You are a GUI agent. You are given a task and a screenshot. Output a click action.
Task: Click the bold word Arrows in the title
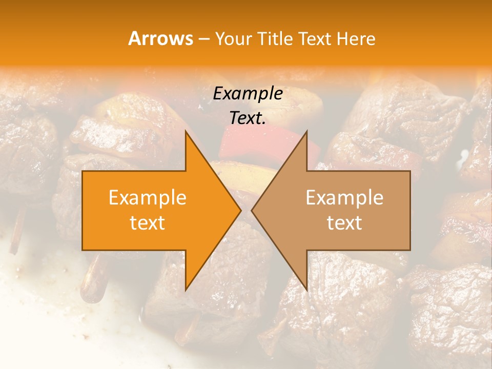point(160,38)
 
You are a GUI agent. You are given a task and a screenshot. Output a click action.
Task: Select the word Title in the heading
point(275,39)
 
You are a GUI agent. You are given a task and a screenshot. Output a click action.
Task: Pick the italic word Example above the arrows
point(248,93)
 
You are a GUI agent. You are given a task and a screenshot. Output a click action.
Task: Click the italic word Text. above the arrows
point(248,118)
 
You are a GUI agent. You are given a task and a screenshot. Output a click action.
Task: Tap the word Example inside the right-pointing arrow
point(148,198)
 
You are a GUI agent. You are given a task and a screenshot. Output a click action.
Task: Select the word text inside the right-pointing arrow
point(148,223)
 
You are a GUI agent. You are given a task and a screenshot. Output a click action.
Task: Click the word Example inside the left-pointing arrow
point(344,198)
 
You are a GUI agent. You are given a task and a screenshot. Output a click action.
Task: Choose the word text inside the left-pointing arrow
point(344,223)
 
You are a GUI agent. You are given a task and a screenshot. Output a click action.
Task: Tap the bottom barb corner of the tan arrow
point(306,290)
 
